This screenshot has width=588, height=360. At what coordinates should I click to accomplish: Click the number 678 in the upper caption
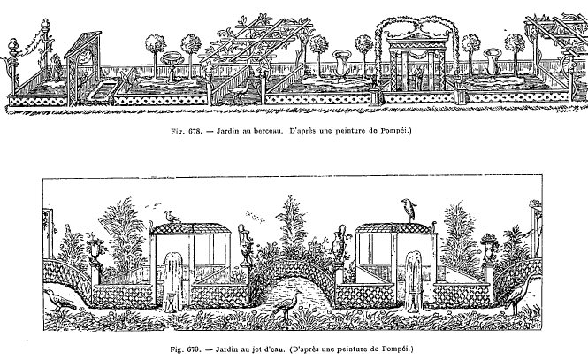196,131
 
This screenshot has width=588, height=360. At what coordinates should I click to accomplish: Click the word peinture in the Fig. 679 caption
352,349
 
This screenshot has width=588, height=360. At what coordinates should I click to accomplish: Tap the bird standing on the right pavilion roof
409,210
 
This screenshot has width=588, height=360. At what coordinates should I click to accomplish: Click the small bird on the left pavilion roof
172,217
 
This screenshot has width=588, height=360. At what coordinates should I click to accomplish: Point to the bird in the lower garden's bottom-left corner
59,300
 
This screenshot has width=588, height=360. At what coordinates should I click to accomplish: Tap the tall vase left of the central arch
245,244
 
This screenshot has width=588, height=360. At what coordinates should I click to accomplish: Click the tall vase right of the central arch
340,243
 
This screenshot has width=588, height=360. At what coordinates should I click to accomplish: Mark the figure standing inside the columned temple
418,77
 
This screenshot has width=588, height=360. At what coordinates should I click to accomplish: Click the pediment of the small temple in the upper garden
418,37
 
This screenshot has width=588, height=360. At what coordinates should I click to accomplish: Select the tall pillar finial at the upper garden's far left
46,27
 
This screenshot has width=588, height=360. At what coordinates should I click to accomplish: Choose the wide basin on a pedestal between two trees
172,65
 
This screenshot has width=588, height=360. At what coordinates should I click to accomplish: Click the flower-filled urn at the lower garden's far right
489,248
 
